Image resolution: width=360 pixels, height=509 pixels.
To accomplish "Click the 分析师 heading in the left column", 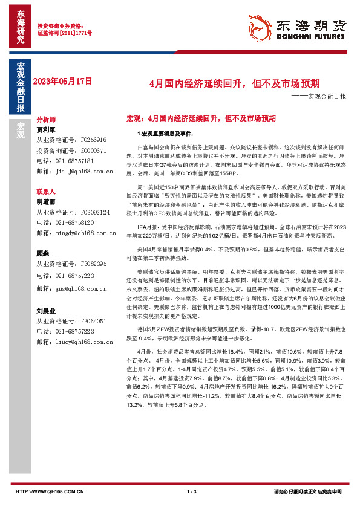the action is pos(46,120).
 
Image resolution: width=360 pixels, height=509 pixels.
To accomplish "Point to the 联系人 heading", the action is pos(46,190).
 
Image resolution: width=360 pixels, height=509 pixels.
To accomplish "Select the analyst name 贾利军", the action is pos(46,129).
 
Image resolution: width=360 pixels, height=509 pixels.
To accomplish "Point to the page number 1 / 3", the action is pos(192,491).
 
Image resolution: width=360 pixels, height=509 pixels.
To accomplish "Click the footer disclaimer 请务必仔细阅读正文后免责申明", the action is pos(307,491).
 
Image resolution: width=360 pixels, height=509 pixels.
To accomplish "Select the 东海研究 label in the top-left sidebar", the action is pos(20,27).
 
